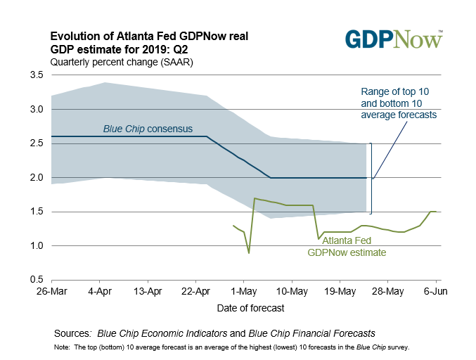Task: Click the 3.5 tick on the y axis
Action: point(37,75)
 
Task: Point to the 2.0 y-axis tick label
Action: point(37,178)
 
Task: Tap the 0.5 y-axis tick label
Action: point(37,280)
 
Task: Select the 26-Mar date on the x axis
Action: point(51,291)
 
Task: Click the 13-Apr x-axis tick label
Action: point(148,291)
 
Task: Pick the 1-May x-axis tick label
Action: point(243,291)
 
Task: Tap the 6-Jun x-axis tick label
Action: point(436,291)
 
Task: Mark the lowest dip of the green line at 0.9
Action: point(248,253)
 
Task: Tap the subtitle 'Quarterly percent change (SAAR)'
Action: point(122,63)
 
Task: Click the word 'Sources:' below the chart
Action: point(73,333)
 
